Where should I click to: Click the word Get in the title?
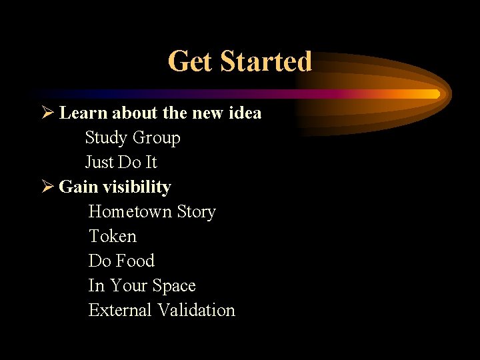click(191, 61)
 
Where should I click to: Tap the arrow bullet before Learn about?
click(46, 113)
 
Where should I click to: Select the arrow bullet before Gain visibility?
click(46, 187)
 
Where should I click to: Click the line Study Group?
click(133, 138)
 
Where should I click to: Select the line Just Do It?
click(121, 163)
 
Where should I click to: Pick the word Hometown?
click(131, 212)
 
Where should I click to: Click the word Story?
click(197, 212)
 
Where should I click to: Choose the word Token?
click(112, 237)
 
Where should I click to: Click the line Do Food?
click(121, 261)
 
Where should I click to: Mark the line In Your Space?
click(142, 286)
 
